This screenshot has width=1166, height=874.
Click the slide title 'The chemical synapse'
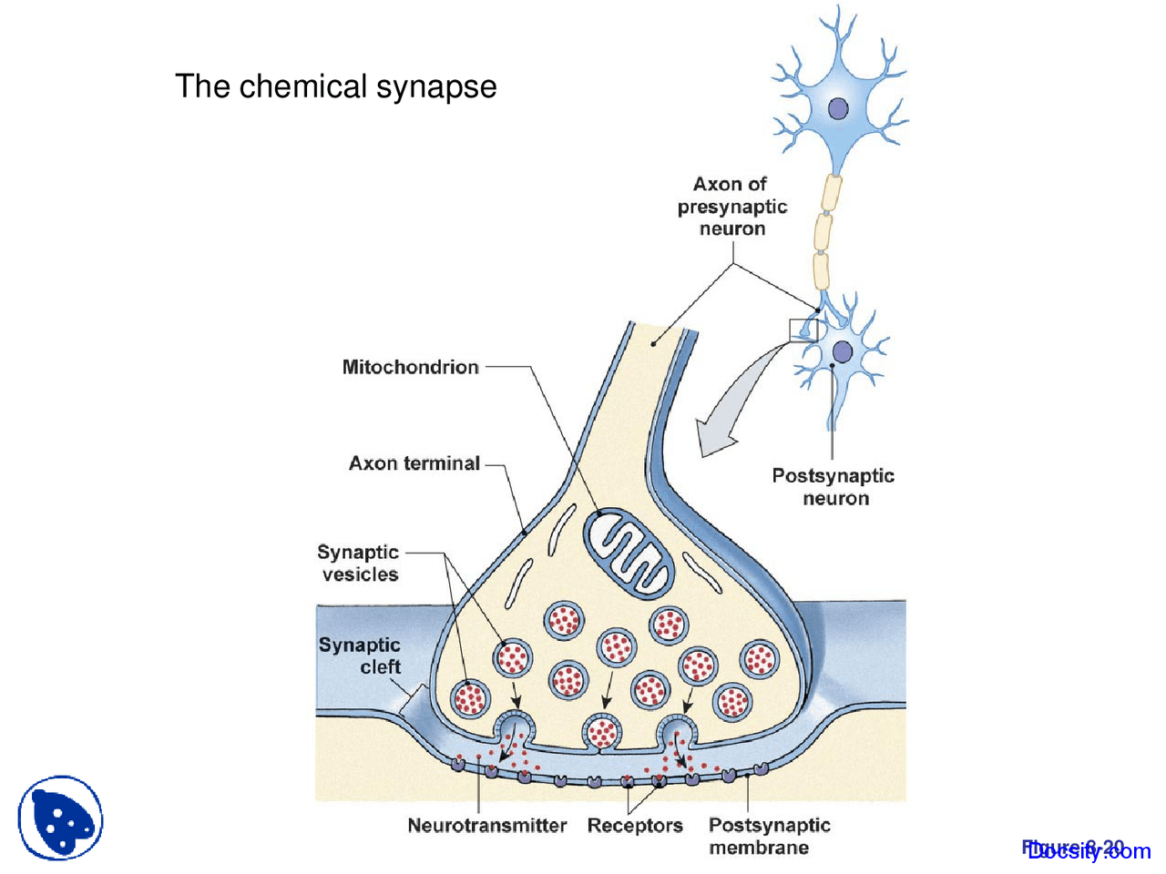(x=335, y=86)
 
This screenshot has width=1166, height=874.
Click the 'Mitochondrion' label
(x=410, y=367)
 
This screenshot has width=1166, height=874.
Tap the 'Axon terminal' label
(x=414, y=463)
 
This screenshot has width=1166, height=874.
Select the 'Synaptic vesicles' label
(x=358, y=563)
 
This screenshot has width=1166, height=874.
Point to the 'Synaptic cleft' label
(x=360, y=655)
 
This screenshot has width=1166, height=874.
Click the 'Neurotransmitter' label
(x=486, y=826)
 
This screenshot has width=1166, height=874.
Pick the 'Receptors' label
(x=635, y=826)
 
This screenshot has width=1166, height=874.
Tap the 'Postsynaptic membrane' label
(x=769, y=836)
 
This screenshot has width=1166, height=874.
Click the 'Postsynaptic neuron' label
(x=833, y=486)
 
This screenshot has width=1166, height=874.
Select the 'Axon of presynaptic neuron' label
(x=731, y=207)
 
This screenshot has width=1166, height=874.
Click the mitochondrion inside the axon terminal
(x=629, y=553)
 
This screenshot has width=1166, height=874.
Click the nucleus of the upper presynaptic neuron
(x=838, y=109)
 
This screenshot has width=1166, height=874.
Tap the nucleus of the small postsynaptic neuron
(x=843, y=351)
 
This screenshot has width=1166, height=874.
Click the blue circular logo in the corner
(x=60, y=818)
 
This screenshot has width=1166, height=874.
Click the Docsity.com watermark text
(x=1088, y=850)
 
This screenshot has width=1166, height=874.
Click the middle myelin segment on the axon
(x=823, y=232)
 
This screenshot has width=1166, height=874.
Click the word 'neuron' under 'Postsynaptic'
(x=835, y=499)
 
